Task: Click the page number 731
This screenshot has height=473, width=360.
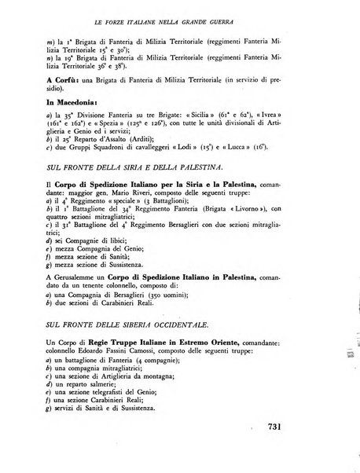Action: point(270,427)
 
